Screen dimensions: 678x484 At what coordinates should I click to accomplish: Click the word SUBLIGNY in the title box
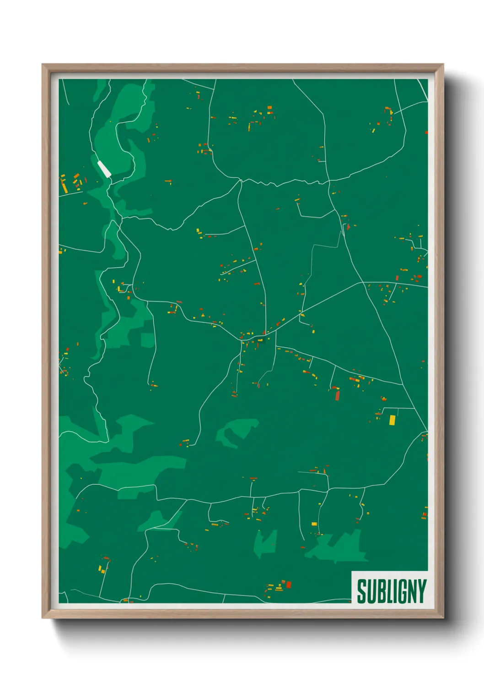click(x=391, y=591)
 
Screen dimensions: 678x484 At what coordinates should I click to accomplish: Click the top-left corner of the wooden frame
click(x=43, y=65)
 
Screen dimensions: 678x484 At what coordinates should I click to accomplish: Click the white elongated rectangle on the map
click(x=104, y=169)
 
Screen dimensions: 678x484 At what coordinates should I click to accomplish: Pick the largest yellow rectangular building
click(x=392, y=420)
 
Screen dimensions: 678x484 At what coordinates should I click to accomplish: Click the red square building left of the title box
click(x=288, y=584)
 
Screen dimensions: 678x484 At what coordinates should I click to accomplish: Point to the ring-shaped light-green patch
click(x=236, y=432)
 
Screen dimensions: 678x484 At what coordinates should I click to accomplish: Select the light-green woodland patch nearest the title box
click(x=339, y=547)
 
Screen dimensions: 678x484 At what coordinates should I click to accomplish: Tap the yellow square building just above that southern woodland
click(x=314, y=524)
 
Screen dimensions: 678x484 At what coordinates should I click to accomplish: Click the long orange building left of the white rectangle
click(x=64, y=185)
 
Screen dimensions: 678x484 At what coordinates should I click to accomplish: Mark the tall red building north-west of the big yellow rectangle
click(x=338, y=394)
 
